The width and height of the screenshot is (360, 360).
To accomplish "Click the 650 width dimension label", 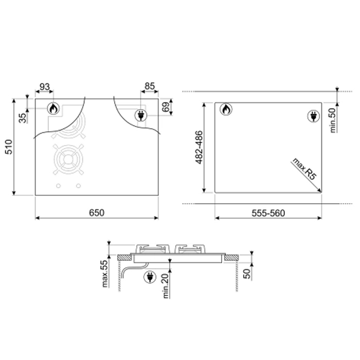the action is [97, 213].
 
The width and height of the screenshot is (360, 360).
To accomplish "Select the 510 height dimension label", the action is [9, 147].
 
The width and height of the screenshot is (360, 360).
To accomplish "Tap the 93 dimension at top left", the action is [45, 87].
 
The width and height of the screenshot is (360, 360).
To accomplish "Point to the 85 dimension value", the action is [150, 86].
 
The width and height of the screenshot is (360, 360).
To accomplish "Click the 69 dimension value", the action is [166, 107].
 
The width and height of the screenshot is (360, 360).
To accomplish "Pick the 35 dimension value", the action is [23, 118].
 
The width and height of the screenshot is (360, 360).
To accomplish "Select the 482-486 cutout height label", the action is [199, 147].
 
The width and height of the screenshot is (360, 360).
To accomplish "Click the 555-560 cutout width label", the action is [268, 213].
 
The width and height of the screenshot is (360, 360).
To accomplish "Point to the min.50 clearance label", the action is [332, 120].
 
